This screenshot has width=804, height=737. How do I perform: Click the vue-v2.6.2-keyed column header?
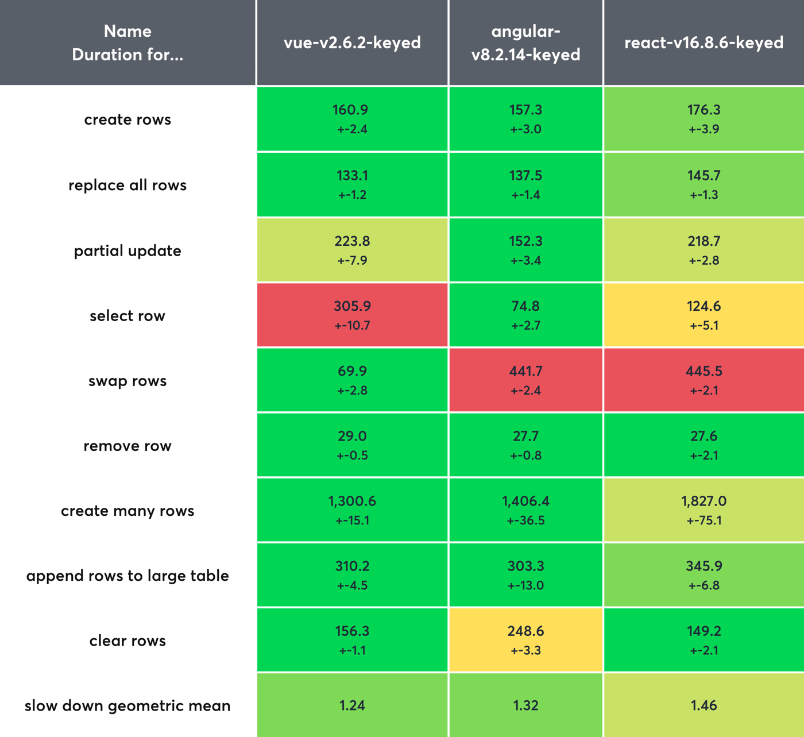[352, 43]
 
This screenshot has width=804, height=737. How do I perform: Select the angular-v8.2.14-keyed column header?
[525, 43]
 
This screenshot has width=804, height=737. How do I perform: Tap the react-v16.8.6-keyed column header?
[703, 43]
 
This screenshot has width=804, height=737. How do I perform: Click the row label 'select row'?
[127, 315]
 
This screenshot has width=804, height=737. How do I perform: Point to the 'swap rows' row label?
[127, 381]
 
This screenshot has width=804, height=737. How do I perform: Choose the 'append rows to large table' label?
[127, 576]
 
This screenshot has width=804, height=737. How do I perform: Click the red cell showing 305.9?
[352, 315]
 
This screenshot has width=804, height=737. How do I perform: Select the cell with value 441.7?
[525, 380]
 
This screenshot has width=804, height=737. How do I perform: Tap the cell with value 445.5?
[703, 380]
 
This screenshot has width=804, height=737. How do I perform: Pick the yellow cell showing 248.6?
[525, 640]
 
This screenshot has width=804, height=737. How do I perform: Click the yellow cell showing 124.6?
[703, 315]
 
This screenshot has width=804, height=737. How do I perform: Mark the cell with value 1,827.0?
[703, 510]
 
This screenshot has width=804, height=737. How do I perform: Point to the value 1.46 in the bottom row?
[703, 705]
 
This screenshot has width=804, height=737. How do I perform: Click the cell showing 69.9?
[352, 380]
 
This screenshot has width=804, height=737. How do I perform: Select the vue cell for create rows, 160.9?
[352, 119]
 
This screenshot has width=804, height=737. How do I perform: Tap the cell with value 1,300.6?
[352, 510]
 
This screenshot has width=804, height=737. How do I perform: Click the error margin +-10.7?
[352, 326]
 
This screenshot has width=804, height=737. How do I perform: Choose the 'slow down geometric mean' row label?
[127, 705]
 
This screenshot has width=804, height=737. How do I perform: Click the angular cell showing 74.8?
[525, 315]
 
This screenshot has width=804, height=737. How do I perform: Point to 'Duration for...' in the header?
[127, 55]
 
